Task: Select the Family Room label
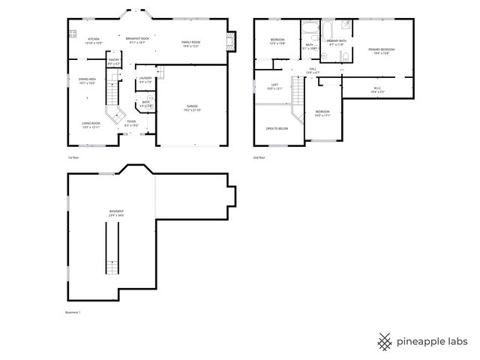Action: pyautogui.click(x=190, y=43)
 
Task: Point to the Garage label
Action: pyautogui.click(x=191, y=109)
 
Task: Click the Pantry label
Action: pyautogui.click(x=114, y=61)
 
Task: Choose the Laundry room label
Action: pyautogui.click(x=145, y=79)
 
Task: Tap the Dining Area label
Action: pyautogui.click(x=87, y=81)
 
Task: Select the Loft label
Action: pyautogui.click(x=276, y=86)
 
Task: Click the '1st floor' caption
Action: pyautogui.click(x=73, y=158)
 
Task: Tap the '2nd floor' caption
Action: pyautogui.click(x=259, y=158)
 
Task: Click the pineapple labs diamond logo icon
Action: pyautogui.click(x=385, y=340)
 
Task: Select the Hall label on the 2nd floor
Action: pyautogui.click(x=313, y=70)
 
